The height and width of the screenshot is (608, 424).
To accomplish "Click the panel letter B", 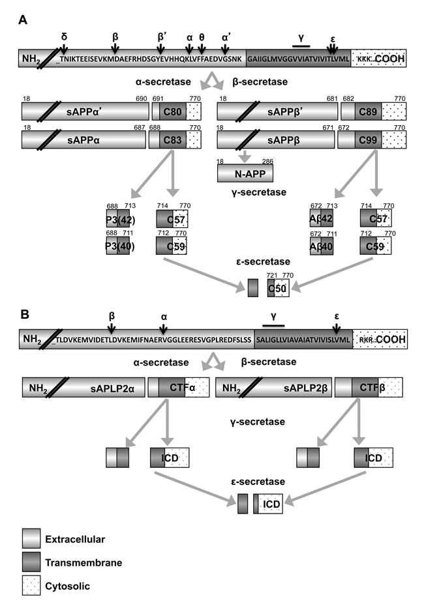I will tap(22, 314).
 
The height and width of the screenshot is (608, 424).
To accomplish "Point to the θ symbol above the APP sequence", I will tap(202, 37).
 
